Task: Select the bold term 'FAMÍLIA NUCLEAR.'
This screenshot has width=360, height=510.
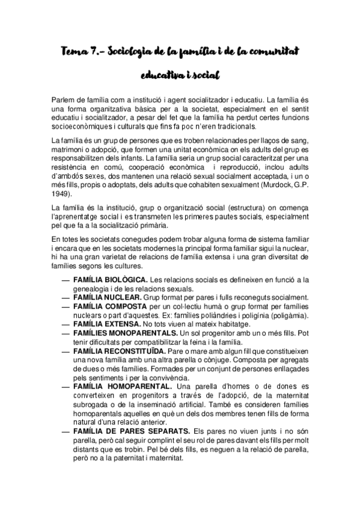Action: pyautogui.click(x=106, y=298)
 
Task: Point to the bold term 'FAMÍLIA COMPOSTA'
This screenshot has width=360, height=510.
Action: pyautogui.click(x=108, y=307)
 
